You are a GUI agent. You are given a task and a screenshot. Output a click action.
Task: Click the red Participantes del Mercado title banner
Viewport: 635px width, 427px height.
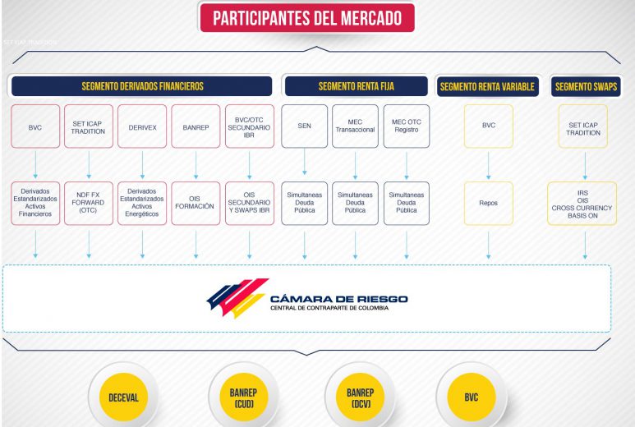pos(307,18)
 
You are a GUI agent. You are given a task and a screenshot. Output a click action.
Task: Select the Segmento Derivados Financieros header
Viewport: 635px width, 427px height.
pos(142,86)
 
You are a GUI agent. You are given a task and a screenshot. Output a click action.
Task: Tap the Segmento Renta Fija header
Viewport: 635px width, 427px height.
pos(357,86)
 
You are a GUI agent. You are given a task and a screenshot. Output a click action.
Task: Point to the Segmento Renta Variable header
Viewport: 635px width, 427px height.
pos(488,86)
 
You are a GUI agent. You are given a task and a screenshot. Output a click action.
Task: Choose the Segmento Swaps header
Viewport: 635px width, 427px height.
pos(586,86)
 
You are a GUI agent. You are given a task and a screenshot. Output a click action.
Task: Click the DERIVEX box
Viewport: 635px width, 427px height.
pos(142,126)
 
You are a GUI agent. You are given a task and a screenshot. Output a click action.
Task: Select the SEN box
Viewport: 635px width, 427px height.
pos(305,126)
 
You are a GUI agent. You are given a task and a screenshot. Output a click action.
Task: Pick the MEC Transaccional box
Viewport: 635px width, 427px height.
pos(355,126)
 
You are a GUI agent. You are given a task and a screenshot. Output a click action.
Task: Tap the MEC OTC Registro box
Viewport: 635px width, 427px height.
pos(407,126)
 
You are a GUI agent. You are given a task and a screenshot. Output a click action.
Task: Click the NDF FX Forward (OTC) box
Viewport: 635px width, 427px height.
pos(89,203)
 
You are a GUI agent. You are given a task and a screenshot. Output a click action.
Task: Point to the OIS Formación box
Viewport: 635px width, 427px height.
pos(196,203)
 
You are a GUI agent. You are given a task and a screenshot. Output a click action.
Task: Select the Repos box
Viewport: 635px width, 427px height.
pos(489,203)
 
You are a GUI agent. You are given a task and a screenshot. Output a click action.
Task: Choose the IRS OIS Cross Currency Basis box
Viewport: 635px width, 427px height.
pos(582,203)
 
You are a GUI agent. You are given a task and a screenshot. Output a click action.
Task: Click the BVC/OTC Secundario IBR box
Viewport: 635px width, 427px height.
pos(250,126)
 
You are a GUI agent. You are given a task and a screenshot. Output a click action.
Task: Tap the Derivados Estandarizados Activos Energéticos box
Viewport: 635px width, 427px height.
pos(142,203)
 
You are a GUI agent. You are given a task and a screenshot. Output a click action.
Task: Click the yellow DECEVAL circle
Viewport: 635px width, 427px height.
pos(123,397)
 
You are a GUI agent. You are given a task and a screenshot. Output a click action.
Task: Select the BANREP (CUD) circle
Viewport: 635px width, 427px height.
pos(244,397)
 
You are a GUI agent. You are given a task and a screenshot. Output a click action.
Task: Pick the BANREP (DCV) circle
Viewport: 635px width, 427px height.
pos(361,397)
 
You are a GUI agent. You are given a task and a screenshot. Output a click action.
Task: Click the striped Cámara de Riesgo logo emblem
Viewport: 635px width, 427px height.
pos(237,297)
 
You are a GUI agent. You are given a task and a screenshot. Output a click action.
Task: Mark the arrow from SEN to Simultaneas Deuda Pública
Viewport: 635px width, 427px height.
pos(305,162)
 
